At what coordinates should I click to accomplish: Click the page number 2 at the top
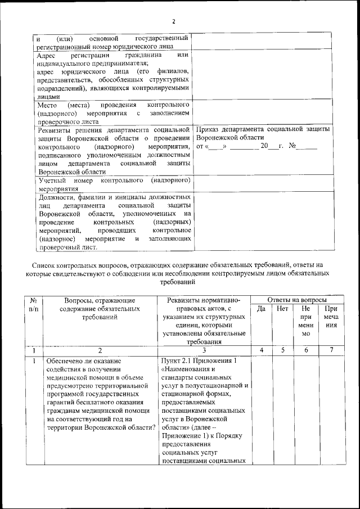click(174, 21)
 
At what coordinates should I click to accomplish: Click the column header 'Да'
click(261, 309)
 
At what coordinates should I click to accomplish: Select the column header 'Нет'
click(282, 309)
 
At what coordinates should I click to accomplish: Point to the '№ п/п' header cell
click(33, 304)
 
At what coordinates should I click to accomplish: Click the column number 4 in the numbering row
click(261, 350)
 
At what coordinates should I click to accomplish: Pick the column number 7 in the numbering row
click(331, 350)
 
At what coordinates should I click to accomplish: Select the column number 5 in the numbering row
click(282, 350)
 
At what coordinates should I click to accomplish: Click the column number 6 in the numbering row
click(306, 350)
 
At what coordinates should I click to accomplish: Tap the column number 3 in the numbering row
click(204, 350)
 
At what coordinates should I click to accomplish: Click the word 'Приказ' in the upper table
click(209, 129)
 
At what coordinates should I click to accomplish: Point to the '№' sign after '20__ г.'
click(292, 146)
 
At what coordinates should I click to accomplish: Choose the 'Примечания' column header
click(331, 317)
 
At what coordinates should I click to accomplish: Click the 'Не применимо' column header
click(306, 321)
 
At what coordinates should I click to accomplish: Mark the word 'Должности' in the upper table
click(56, 197)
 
